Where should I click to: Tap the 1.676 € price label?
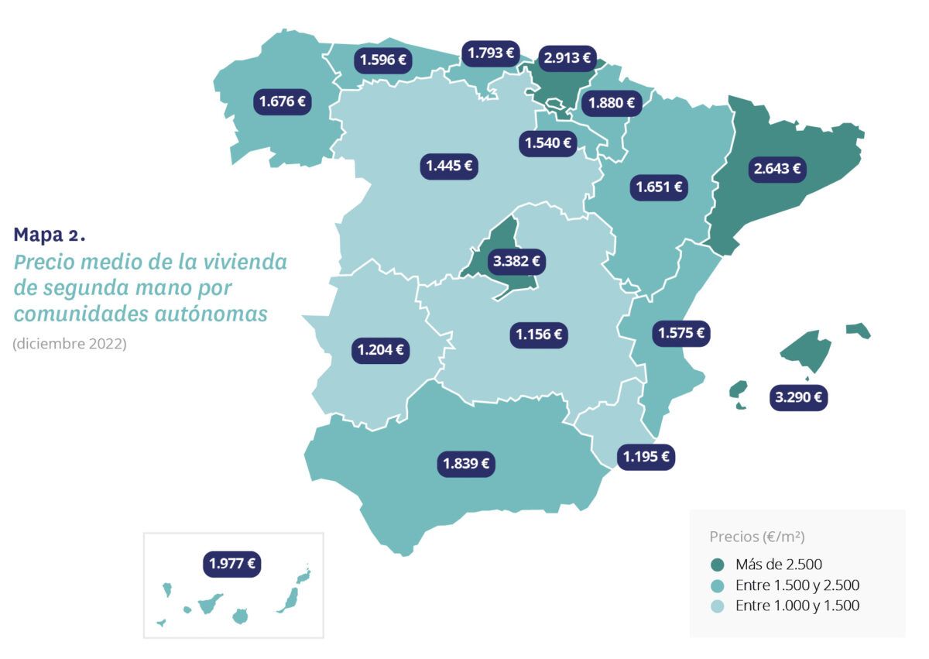pos(282,101)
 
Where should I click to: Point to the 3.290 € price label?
pos(799,398)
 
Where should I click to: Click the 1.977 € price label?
pos(232,563)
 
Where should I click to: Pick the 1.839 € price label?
pos(466,464)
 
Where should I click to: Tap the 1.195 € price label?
pos(646,456)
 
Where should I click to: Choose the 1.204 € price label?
pos(380,350)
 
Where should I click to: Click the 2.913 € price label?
pos(567,57)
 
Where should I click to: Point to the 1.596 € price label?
pos(382,60)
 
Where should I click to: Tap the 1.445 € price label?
pos(449,165)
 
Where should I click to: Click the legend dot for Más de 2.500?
pos(717,565)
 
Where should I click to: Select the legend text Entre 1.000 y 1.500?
pos(797,606)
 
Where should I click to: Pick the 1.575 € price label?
pos(682,334)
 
